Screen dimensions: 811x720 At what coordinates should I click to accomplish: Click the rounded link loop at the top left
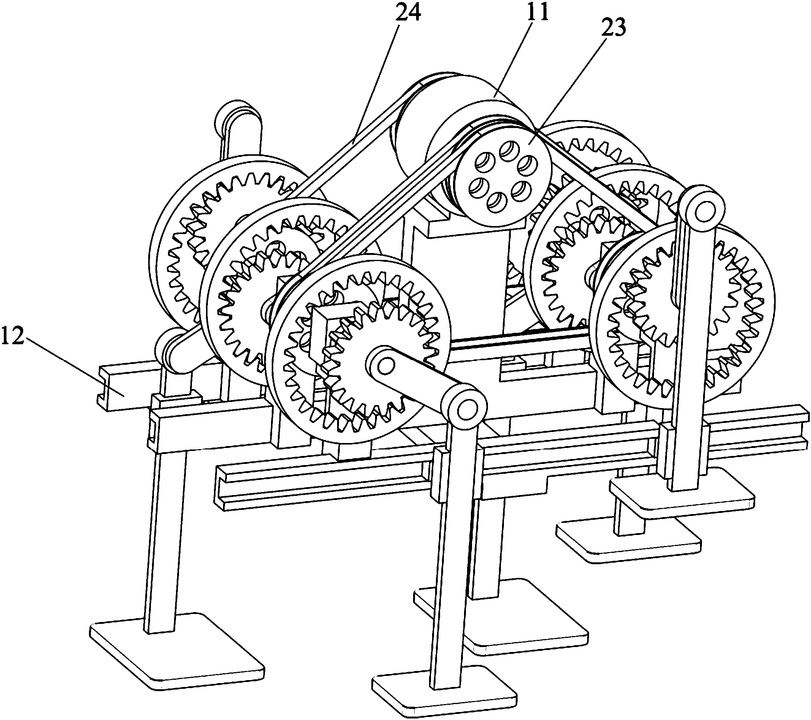(238, 126)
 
